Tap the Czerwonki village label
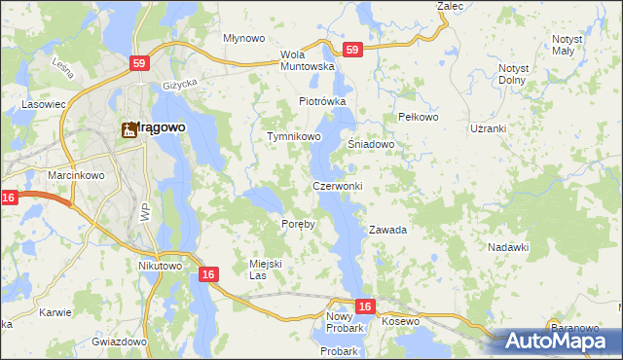click(338, 186)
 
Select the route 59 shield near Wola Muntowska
click(352, 49)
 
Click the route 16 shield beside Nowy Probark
click(364, 306)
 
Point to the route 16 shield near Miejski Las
click(207, 275)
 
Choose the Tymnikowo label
click(294, 137)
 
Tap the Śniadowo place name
click(371, 144)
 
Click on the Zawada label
click(386, 231)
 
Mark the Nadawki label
click(508, 247)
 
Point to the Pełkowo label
click(420, 117)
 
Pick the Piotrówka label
click(322, 101)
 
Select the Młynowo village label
click(244, 39)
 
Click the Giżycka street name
click(180, 84)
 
